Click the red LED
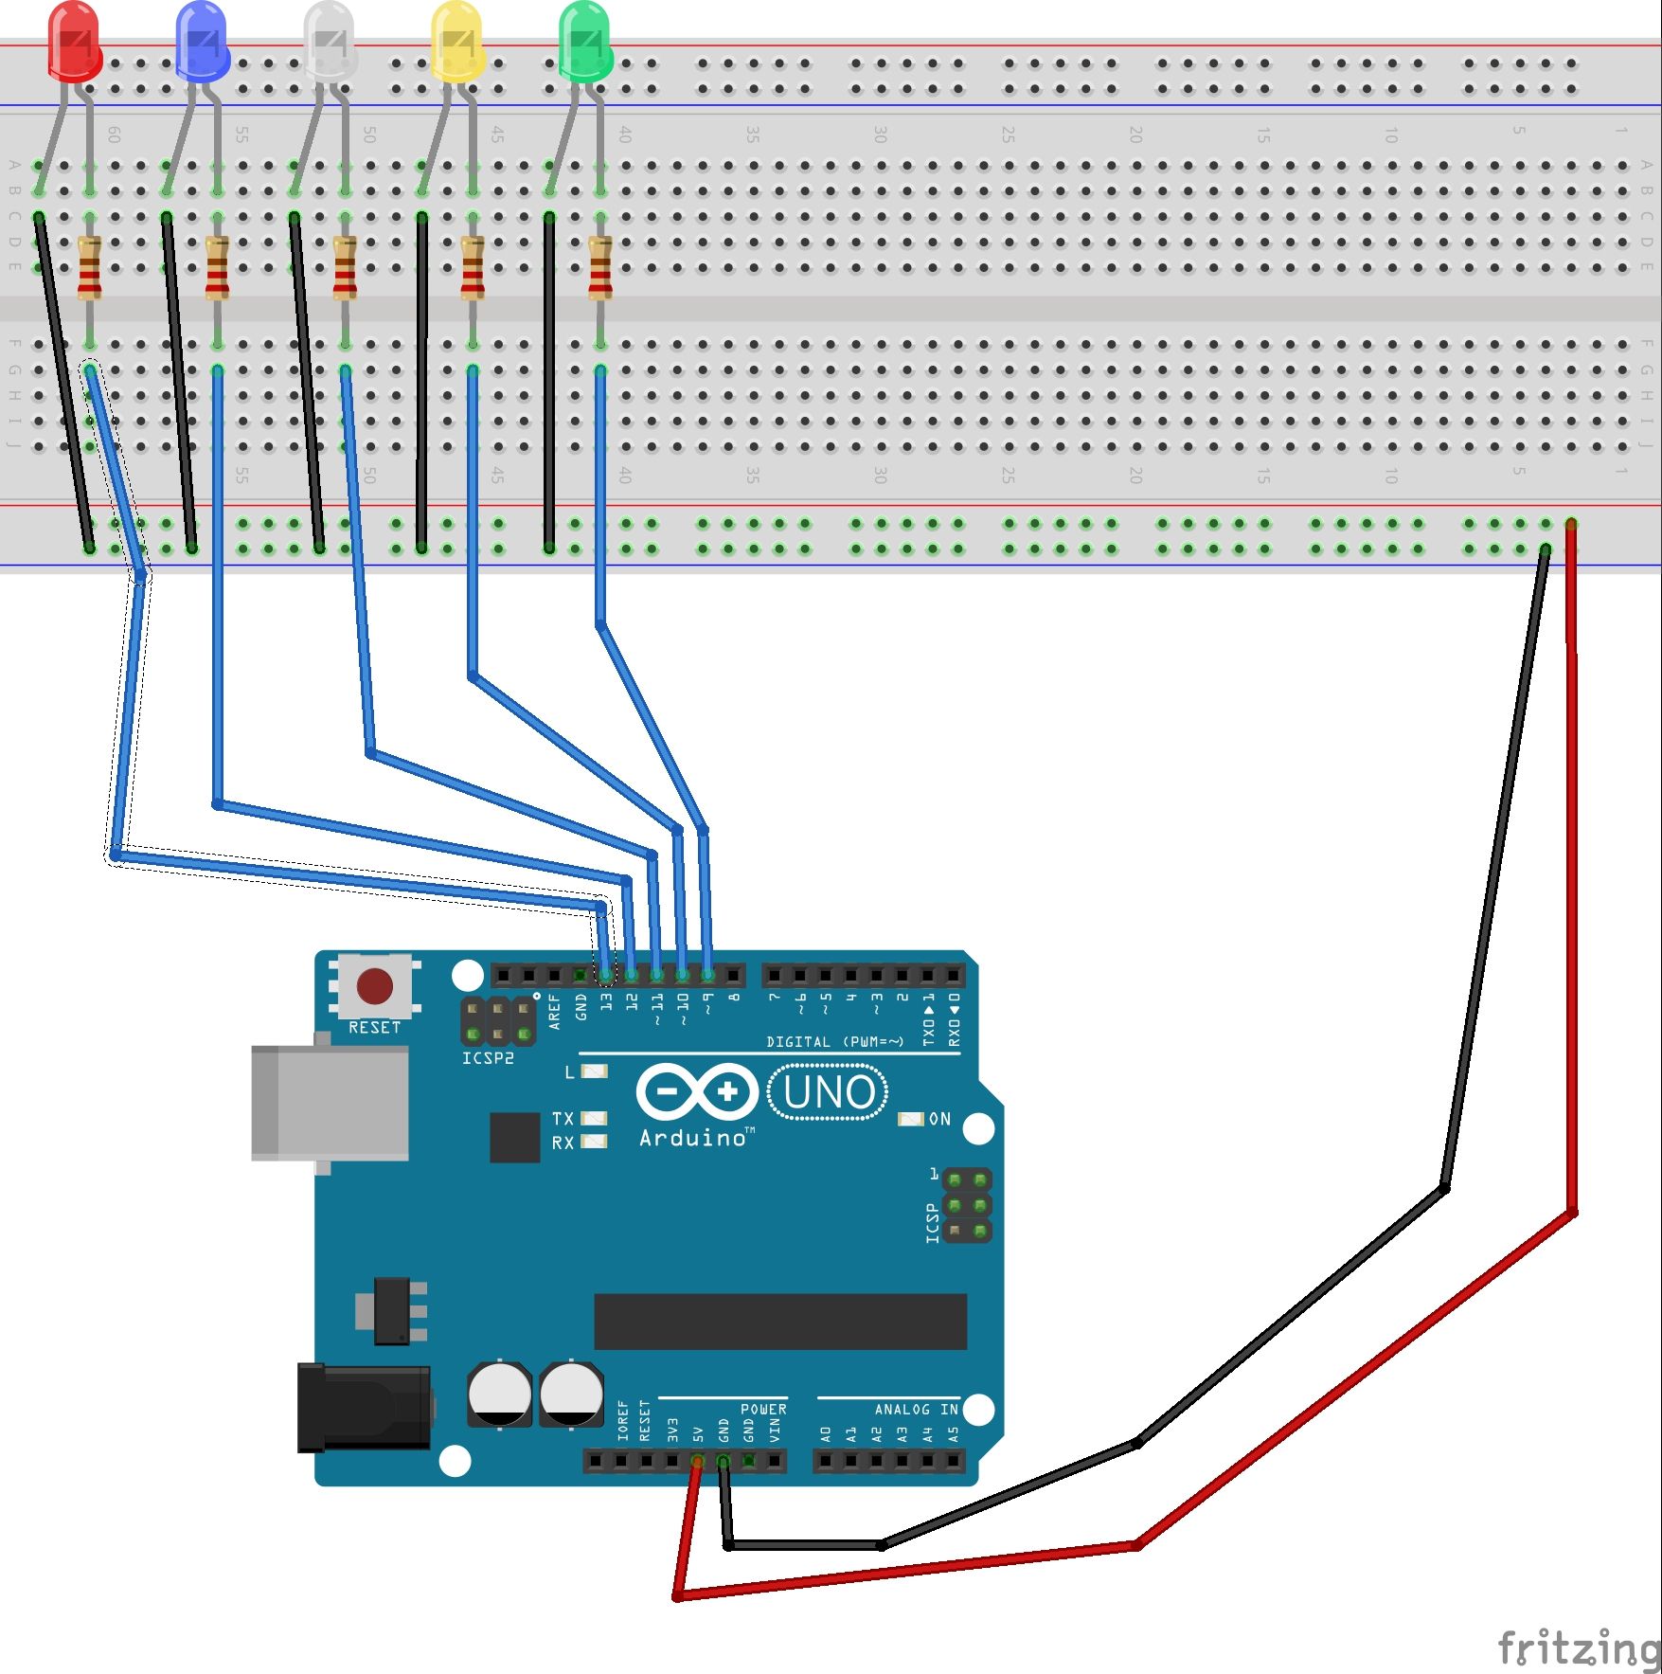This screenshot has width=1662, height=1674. (75, 42)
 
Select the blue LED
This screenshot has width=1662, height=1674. (203, 42)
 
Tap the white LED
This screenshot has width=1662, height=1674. (331, 42)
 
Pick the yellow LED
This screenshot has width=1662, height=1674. (457, 42)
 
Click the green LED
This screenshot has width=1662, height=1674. (585, 42)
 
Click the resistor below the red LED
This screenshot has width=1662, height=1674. (89, 268)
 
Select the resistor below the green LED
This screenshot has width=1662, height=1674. (599, 268)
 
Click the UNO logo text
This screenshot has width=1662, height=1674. (829, 1092)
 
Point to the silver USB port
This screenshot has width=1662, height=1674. (329, 1104)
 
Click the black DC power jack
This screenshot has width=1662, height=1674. (364, 1407)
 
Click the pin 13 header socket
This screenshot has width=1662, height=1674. (606, 975)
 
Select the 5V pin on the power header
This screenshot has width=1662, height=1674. (697, 1462)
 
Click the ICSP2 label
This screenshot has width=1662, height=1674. (488, 1058)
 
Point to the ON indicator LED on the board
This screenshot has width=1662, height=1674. (910, 1119)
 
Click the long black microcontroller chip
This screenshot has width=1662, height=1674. (779, 1322)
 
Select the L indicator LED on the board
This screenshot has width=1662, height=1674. (594, 1071)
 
